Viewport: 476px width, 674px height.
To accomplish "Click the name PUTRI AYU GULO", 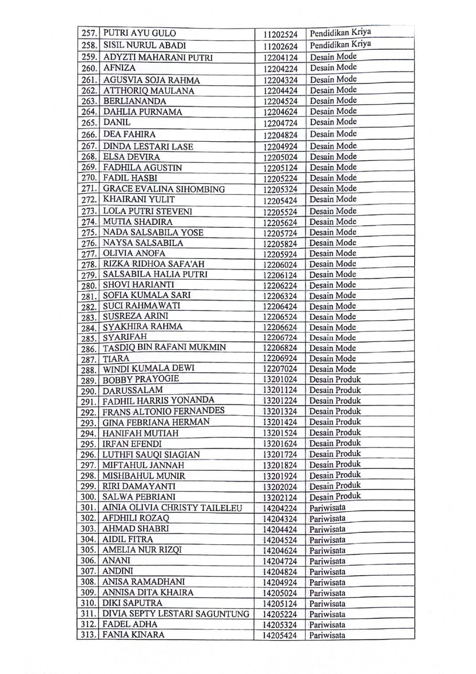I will (139, 33).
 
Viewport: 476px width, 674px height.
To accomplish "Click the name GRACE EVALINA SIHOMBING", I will (164, 189).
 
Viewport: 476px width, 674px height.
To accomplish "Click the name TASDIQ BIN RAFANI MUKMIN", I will (164, 348).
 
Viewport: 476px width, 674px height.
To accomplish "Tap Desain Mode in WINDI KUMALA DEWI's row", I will (332, 369).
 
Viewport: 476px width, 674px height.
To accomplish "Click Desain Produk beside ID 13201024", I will (335, 380).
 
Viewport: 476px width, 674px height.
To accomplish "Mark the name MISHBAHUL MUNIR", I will (143, 476).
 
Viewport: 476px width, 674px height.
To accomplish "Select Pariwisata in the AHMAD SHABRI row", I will (327, 529).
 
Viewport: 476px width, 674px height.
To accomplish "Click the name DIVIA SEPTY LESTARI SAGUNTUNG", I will (175, 614).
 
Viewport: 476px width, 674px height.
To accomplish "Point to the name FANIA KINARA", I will (133, 635).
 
